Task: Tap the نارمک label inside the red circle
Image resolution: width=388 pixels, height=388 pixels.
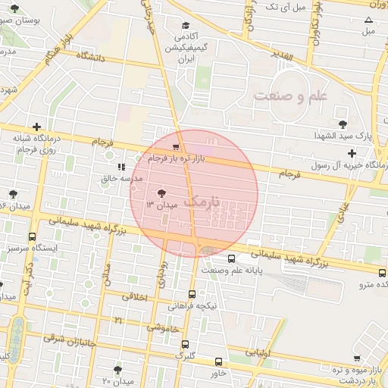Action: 205,201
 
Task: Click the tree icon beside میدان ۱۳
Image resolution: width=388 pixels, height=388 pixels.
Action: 161,193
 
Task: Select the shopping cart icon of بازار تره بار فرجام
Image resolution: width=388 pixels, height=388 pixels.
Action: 176,148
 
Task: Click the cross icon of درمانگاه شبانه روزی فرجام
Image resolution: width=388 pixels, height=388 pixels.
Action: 36,127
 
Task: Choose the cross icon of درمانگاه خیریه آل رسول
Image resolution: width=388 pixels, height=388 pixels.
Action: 351,153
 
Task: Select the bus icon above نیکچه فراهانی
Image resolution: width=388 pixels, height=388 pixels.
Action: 192,294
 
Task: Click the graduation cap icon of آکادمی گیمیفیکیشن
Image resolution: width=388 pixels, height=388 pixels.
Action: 183,24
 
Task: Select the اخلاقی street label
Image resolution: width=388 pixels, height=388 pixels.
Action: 136,296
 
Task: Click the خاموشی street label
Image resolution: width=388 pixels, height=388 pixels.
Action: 163,328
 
